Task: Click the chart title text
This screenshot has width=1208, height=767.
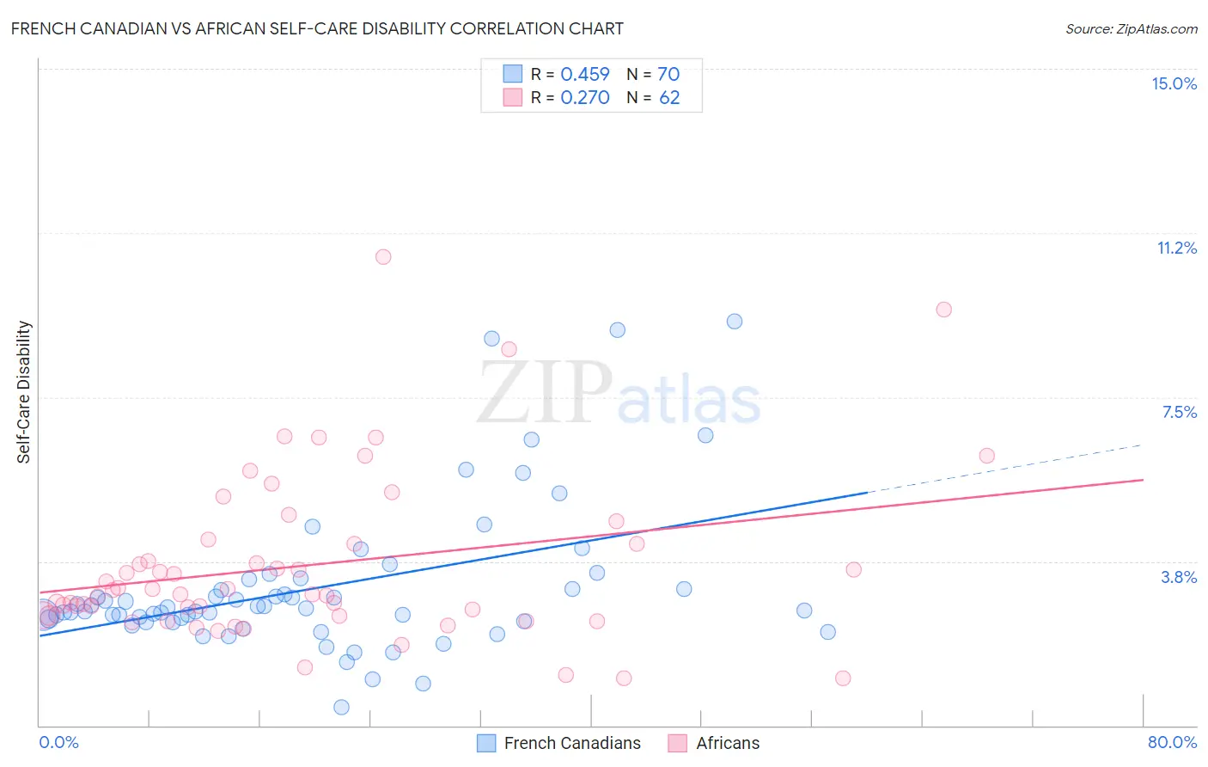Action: [x=317, y=28]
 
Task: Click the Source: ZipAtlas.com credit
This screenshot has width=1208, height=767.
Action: [x=1131, y=28]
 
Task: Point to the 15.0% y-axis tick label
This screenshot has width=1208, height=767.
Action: [x=1174, y=83]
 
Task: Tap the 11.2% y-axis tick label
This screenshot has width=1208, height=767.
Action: [x=1176, y=248]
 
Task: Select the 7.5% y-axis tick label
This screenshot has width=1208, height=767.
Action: [x=1179, y=412]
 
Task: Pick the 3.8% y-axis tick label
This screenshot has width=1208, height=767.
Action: [x=1179, y=577]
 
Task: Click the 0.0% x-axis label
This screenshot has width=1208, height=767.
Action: [x=58, y=742]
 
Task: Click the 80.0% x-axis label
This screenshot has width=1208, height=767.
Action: [x=1172, y=742]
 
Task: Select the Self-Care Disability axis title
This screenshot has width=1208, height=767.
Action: [x=24, y=392]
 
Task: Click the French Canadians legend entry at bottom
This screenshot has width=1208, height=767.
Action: [x=571, y=743]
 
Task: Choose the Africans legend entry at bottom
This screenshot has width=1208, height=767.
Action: [x=727, y=743]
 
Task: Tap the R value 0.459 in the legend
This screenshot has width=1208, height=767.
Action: [x=585, y=74]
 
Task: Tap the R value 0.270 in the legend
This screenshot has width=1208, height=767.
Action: [x=585, y=97]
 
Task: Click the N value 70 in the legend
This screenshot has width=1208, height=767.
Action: [x=668, y=74]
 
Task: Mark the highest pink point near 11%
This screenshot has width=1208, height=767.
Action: [x=383, y=256]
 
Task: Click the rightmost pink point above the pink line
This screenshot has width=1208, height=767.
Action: [x=986, y=456]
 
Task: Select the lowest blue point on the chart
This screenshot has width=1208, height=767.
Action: [x=341, y=707]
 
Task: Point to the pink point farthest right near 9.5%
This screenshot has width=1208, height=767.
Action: [x=943, y=310]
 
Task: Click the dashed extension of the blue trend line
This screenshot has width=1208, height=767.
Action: [x=1005, y=469]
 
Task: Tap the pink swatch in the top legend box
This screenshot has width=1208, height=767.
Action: [x=513, y=97]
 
